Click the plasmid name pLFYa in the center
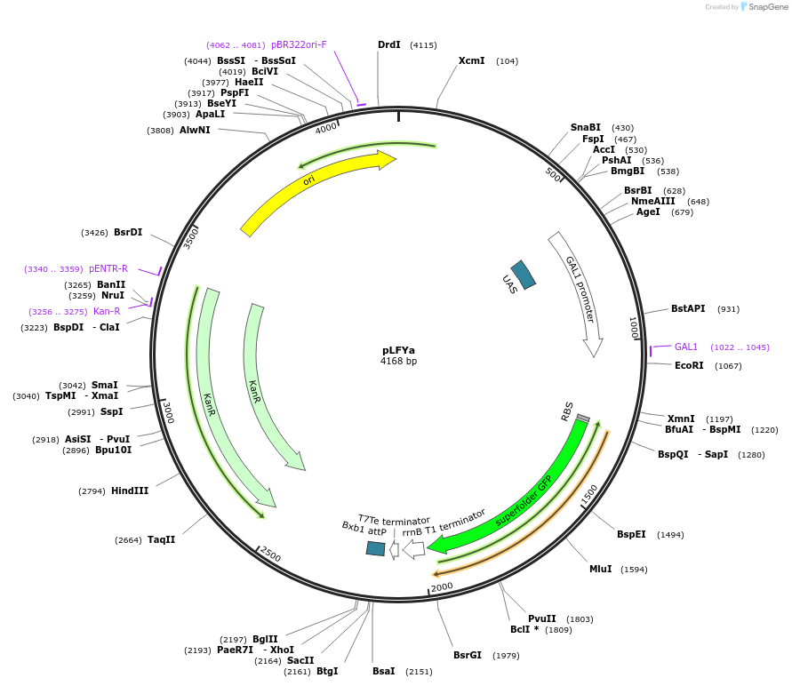pos(398,350)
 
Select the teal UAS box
pos(524,275)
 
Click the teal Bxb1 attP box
pos(375,548)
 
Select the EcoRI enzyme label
pos(689,365)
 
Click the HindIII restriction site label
pos(130,491)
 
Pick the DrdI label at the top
pos(388,44)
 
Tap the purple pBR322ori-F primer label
pos(299,44)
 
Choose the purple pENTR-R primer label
pos(108,268)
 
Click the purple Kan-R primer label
pos(107,311)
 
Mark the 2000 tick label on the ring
pos(442,586)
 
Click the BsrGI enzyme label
pos(468,655)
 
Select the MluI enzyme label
pos(600,569)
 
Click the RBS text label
pos(567,411)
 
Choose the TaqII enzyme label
pos(162,539)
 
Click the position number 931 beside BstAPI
pos(729,309)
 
